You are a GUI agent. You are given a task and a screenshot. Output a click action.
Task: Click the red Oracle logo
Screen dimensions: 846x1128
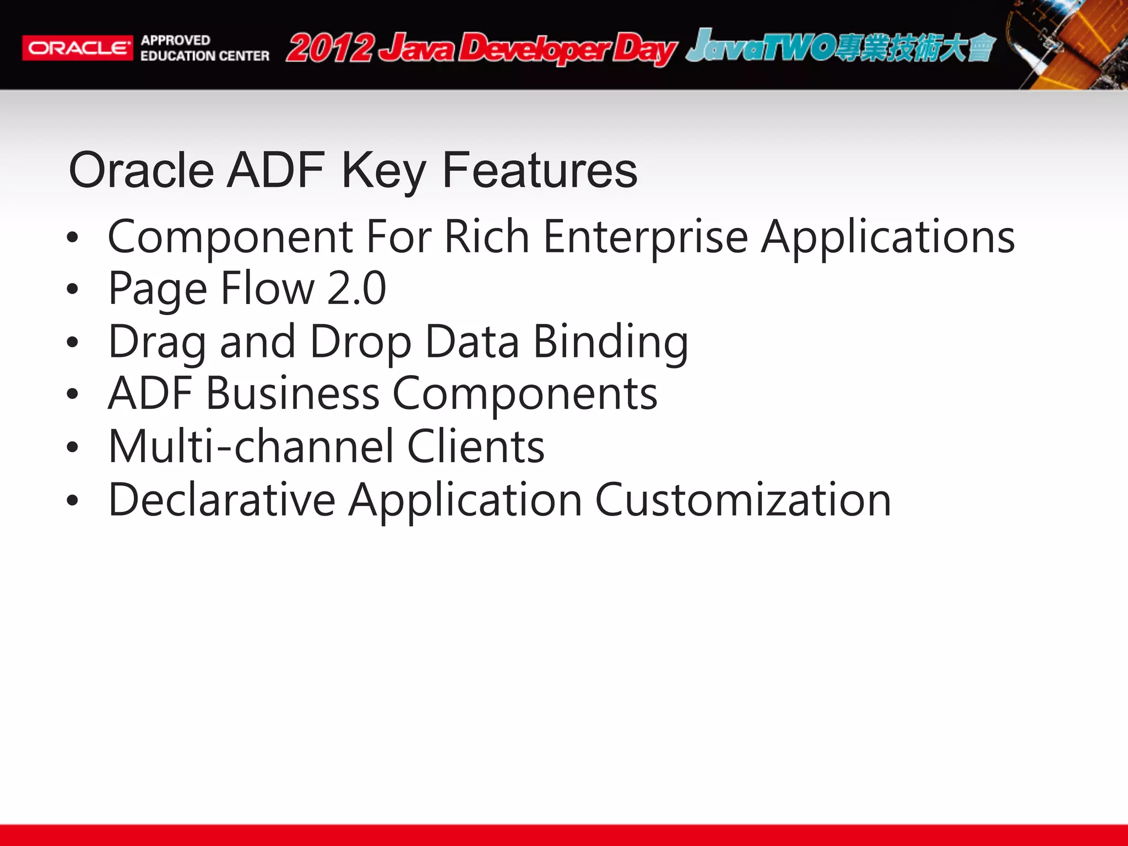[77, 48]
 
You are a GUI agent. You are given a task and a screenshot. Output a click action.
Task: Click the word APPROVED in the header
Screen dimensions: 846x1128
[175, 40]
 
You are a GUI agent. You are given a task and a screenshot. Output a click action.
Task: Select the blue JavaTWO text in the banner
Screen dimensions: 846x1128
[760, 47]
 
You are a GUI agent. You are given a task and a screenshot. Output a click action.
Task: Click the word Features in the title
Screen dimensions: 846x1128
[540, 170]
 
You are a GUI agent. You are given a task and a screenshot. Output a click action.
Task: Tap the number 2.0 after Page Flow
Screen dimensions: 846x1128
[356, 289]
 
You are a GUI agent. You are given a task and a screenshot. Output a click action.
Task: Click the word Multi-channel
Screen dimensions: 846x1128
[251, 446]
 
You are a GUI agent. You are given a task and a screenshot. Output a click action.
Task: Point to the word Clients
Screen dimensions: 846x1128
[476, 446]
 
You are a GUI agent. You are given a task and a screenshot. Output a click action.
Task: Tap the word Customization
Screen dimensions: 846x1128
[743, 500]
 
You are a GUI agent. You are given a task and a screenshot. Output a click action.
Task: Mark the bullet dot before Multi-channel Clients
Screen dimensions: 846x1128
[72, 447]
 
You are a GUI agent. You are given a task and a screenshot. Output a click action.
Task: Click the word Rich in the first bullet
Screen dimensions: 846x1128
[487, 237]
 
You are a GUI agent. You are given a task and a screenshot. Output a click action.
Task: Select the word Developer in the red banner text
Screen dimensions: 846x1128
[534, 48]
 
